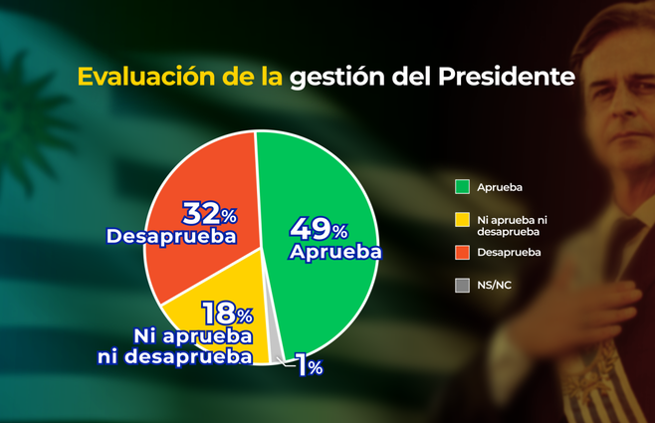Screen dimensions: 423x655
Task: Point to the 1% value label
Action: tap(310, 367)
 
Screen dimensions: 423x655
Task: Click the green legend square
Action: tap(462, 186)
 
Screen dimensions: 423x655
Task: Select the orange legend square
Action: tap(462, 252)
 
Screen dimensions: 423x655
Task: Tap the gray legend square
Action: tap(462, 286)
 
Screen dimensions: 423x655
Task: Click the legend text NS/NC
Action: tap(494, 286)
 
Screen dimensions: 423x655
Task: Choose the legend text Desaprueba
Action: tap(510, 252)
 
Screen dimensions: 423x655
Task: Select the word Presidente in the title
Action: tap(507, 78)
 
